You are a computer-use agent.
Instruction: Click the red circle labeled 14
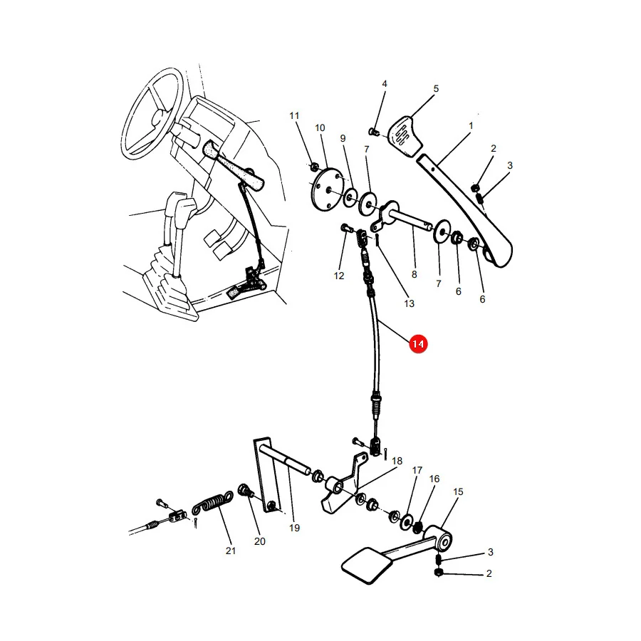(x=418, y=344)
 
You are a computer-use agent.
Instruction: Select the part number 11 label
(x=294, y=115)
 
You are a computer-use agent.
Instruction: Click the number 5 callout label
(x=436, y=89)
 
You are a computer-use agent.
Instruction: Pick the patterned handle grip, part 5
(x=405, y=136)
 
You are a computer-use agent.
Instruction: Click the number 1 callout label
(x=471, y=126)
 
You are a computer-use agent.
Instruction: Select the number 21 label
(x=231, y=551)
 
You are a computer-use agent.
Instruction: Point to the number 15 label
(x=458, y=491)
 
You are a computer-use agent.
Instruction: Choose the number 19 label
(x=294, y=528)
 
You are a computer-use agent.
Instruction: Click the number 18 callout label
(x=397, y=461)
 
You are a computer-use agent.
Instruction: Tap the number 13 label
(x=409, y=303)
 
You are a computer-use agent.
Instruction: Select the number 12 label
(x=338, y=276)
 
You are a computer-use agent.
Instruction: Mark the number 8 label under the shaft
(x=414, y=274)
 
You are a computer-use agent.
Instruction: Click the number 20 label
(x=259, y=541)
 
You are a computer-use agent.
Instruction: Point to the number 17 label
(x=417, y=470)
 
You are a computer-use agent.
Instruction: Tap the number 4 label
(x=385, y=84)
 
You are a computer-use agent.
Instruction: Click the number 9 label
(x=343, y=139)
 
